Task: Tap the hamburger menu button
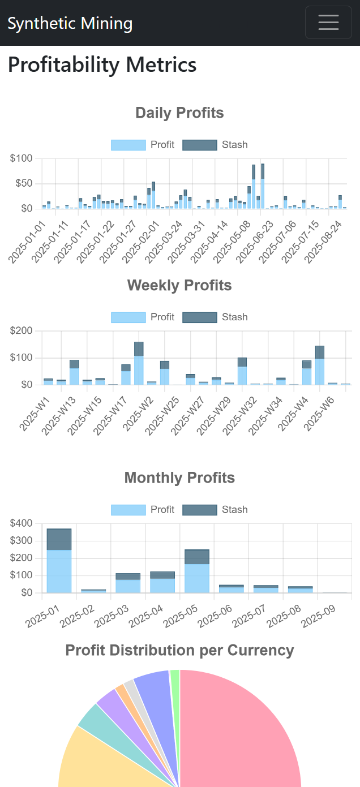point(328,23)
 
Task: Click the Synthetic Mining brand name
point(70,23)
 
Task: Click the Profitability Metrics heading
point(102,64)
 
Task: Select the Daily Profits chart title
point(179,113)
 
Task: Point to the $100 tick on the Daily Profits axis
point(21,158)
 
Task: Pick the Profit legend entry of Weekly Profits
point(143,317)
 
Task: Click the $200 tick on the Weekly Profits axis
point(21,330)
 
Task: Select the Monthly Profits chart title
point(179,478)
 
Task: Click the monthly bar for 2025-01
point(59,561)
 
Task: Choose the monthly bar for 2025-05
point(197,571)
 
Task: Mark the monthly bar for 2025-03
point(128,583)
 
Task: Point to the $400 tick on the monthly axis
point(21,523)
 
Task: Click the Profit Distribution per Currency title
point(179,651)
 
